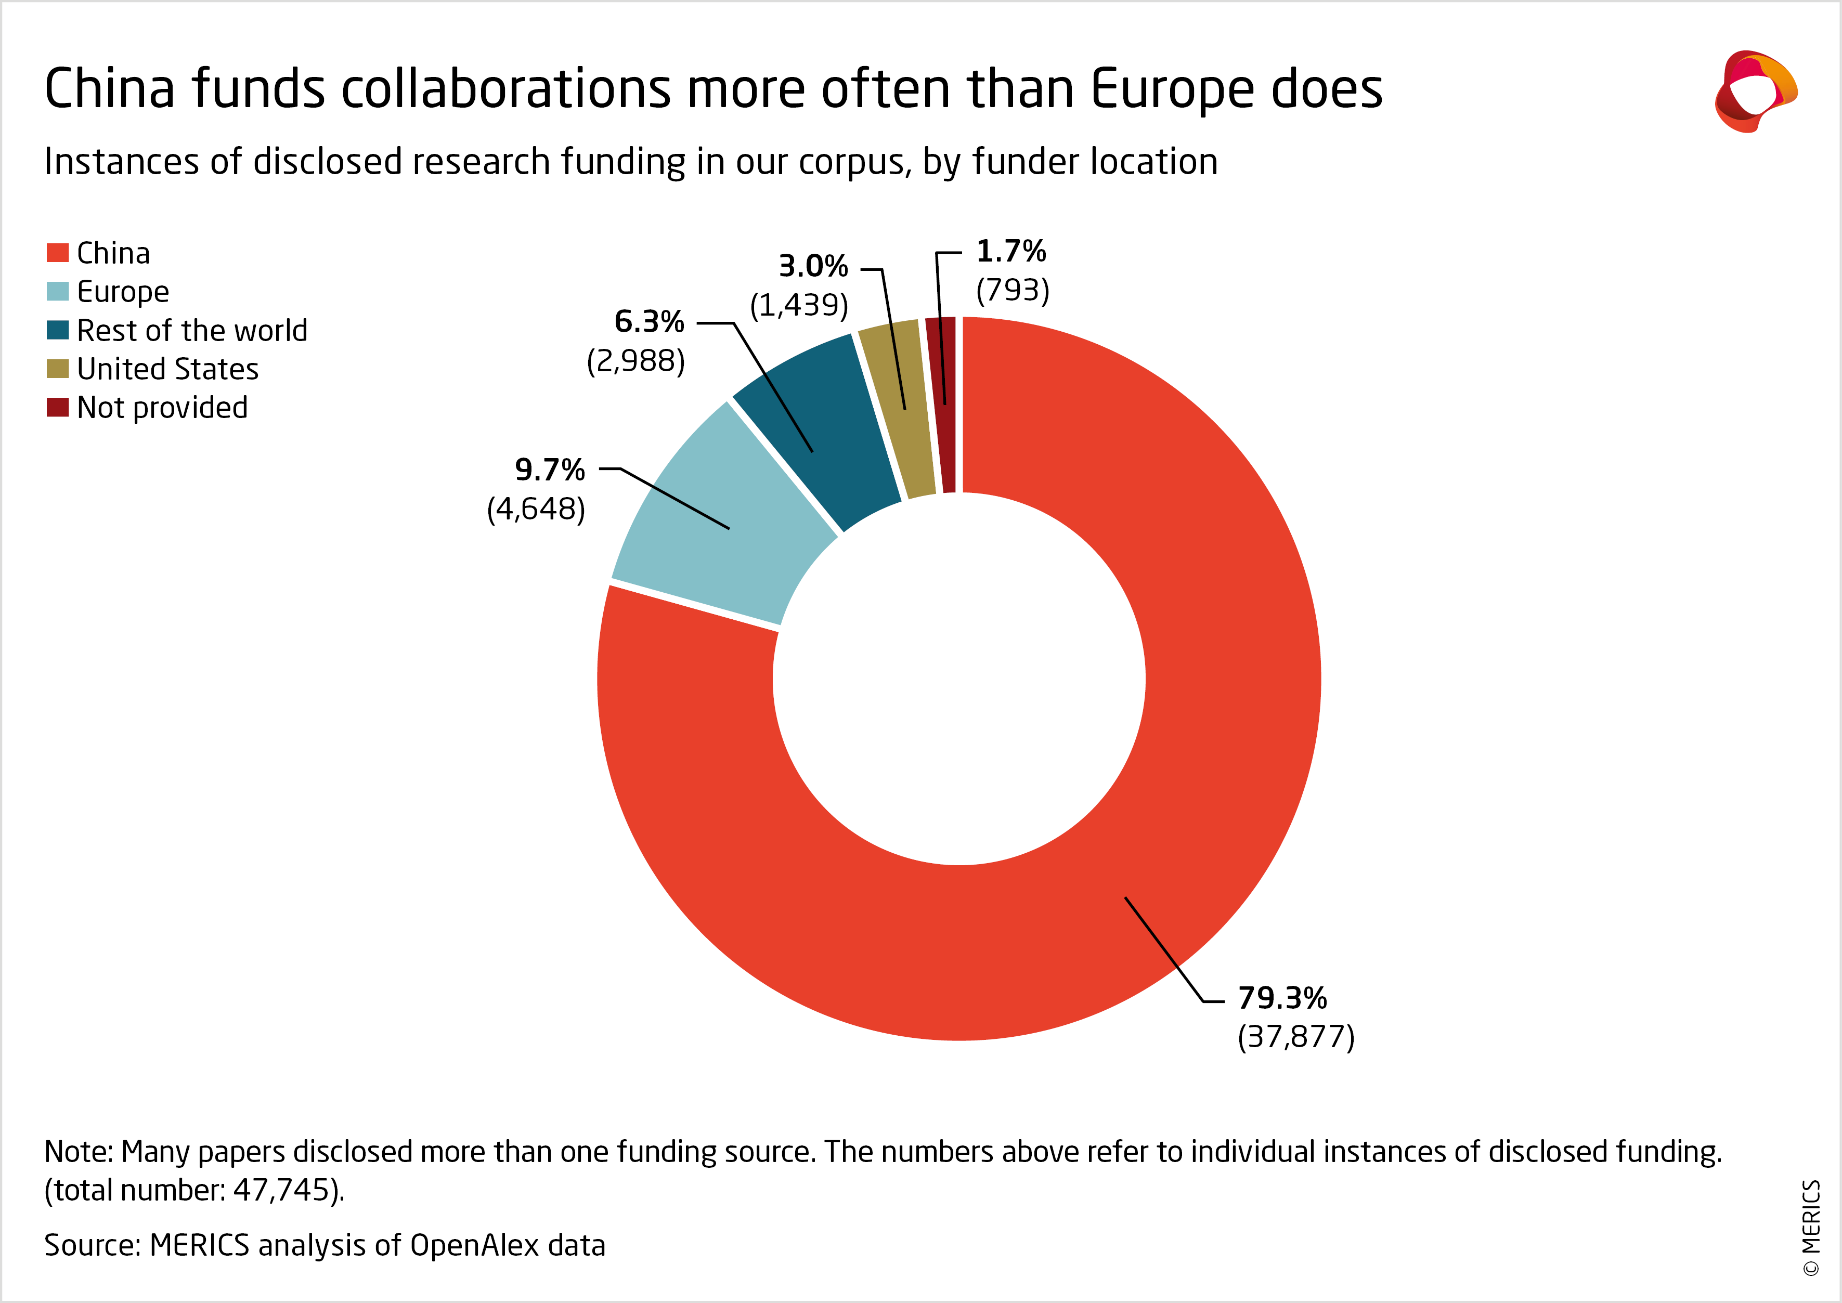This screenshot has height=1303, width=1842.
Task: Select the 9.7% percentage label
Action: pyautogui.click(x=550, y=470)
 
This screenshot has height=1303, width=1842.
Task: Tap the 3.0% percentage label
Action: pyautogui.click(x=813, y=266)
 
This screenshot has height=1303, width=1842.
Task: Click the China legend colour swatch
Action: pyautogui.click(x=57, y=253)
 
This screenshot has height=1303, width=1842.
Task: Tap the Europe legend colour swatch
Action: pyautogui.click(x=57, y=291)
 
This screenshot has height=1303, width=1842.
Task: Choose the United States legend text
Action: pyautogui.click(x=167, y=369)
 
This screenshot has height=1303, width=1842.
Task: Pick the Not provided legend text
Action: pyautogui.click(x=162, y=408)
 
